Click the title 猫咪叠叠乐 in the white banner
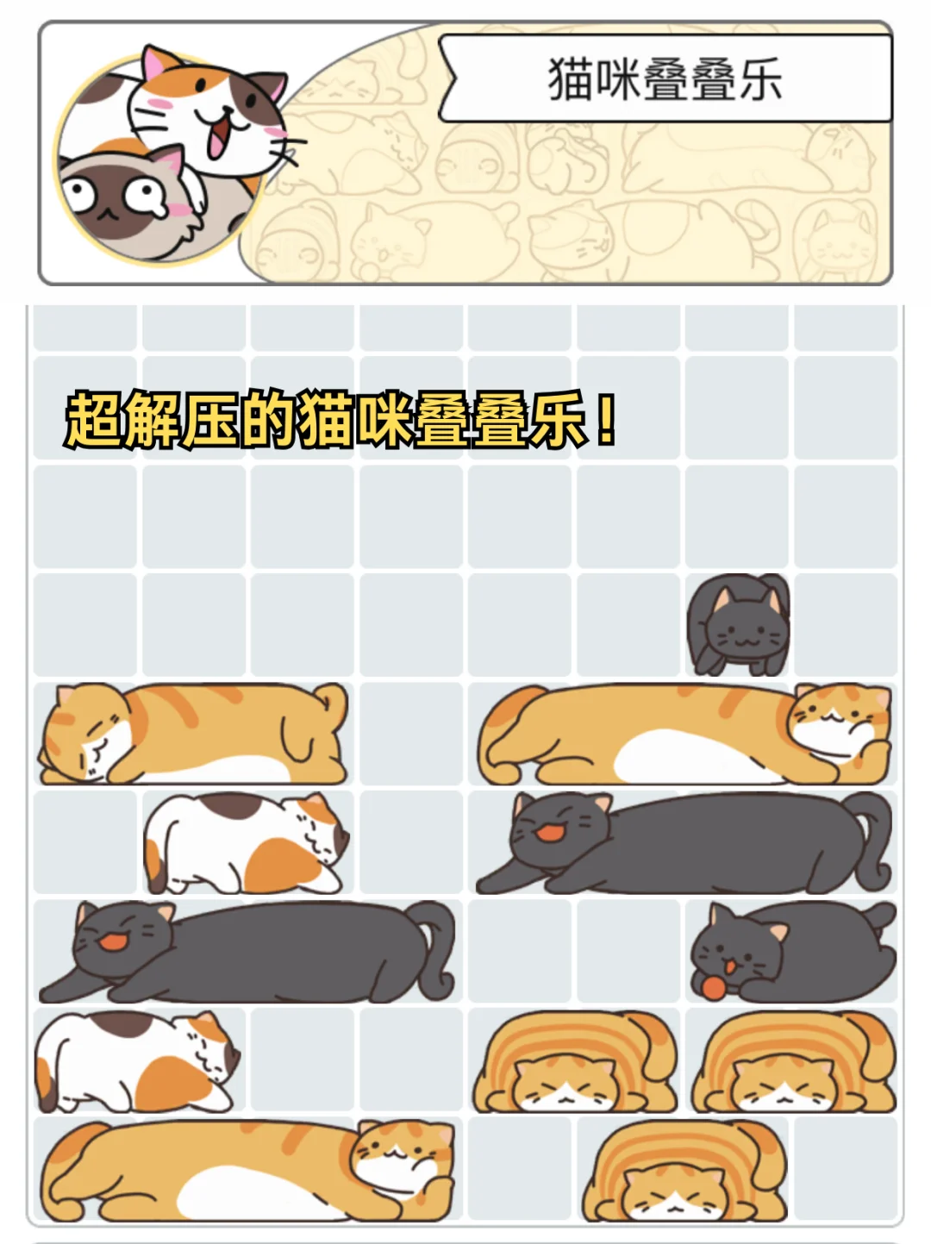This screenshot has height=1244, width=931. [665, 79]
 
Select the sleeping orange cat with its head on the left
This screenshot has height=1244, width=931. [193, 734]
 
